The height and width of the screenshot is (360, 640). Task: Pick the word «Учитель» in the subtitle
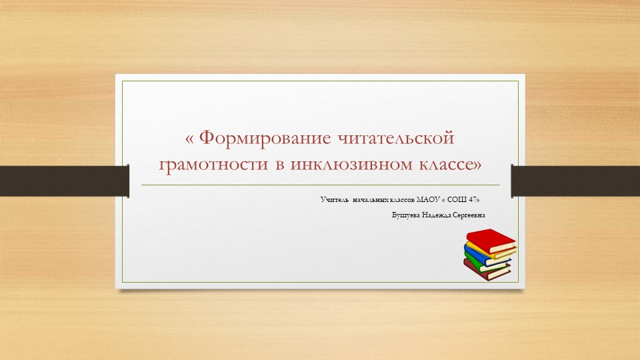coord(333,199)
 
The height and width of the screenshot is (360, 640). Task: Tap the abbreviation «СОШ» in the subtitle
coord(461,199)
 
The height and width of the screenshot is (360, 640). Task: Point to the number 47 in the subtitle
coord(474,199)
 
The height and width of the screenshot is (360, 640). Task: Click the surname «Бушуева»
coord(408,215)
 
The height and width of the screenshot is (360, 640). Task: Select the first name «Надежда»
coord(439,215)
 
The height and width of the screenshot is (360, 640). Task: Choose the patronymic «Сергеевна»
coord(469,215)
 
